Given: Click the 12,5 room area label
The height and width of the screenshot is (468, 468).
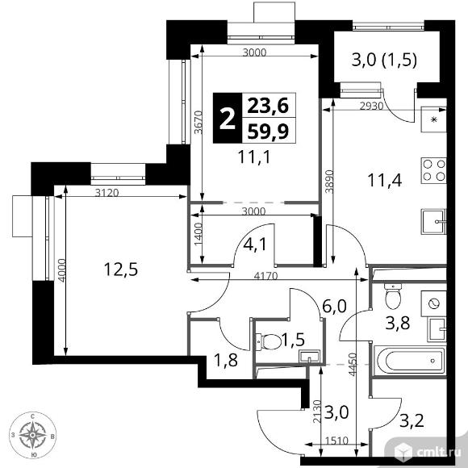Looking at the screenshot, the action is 121,269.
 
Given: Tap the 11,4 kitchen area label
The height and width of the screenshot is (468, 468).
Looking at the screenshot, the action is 385,180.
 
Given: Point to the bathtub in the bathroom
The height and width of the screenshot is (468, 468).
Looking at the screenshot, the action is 411,361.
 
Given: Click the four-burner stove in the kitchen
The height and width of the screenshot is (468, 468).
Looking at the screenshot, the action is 433,170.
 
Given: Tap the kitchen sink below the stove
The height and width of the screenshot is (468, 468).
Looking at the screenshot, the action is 433,222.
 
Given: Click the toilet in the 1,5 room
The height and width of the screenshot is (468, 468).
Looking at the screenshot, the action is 269,341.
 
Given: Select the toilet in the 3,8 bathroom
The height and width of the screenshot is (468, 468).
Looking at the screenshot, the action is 393,296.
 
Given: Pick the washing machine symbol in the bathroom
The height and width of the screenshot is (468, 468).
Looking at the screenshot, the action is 433,304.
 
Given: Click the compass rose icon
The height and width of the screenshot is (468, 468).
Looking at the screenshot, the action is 33,435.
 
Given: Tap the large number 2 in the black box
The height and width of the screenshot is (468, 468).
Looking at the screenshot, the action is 228,119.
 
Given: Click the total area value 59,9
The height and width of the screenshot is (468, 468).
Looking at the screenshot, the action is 269,132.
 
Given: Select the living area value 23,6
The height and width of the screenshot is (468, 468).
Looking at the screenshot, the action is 269,106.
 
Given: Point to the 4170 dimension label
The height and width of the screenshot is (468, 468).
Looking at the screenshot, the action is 265,275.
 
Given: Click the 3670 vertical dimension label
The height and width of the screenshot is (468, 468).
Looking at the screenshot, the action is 198,123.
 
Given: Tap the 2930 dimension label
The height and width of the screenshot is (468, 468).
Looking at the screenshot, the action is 371,106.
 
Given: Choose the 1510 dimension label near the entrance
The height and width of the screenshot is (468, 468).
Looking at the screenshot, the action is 337,441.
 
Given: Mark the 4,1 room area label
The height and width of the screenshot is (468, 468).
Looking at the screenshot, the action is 254,244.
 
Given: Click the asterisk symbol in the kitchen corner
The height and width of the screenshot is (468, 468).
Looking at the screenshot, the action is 433,119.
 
